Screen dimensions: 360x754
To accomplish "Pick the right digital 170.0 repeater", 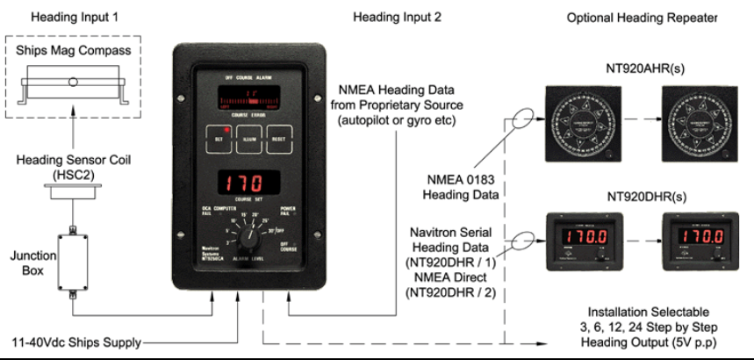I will (697, 240).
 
